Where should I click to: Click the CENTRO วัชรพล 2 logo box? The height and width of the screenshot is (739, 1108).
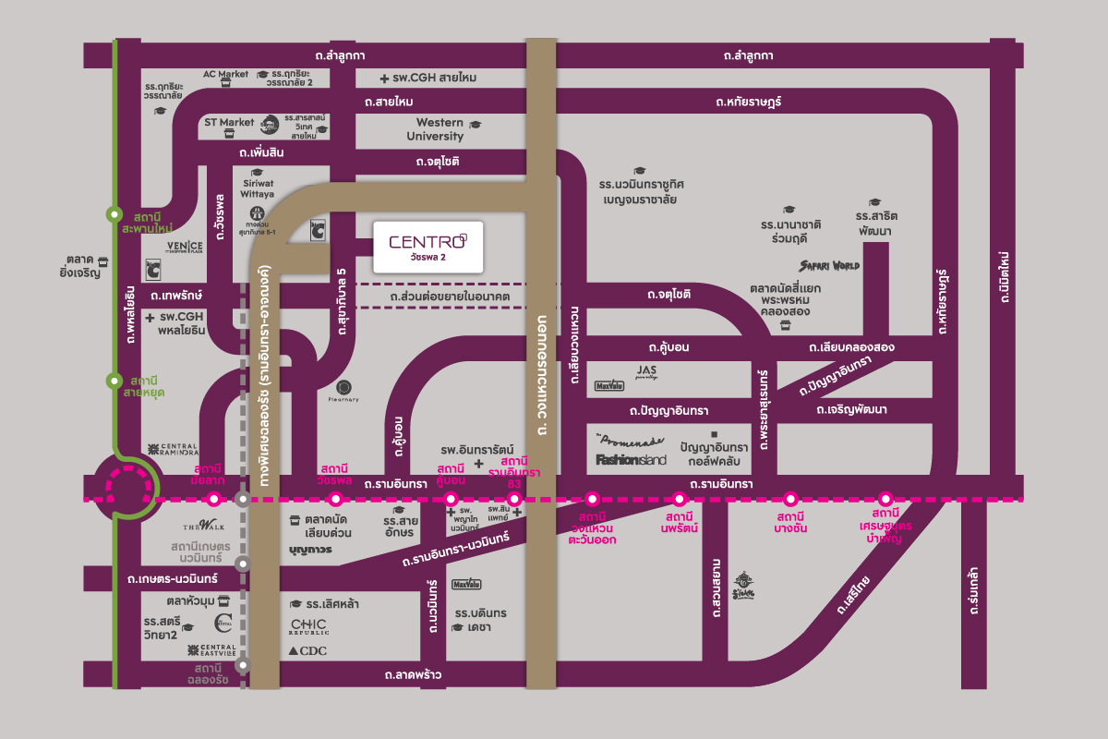pos(427,247)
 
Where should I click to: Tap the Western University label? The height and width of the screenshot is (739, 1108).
pos(440,129)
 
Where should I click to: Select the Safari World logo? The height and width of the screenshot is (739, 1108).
pos(829,266)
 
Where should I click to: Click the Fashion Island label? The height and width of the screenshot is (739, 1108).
pos(632,459)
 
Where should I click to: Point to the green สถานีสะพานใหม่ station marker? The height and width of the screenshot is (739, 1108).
pos(114,213)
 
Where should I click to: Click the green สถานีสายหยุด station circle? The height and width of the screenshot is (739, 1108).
pos(114,380)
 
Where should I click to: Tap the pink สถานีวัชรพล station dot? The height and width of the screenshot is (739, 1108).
pos(336,499)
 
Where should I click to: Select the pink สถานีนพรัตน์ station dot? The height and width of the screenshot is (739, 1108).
pos(680,499)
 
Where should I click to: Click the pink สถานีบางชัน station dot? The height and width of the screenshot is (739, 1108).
pos(790,499)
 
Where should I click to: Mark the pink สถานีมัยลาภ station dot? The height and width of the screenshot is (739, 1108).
pos(214,499)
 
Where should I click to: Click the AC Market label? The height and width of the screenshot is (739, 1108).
pos(226,74)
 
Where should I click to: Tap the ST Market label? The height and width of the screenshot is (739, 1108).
pos(229,122)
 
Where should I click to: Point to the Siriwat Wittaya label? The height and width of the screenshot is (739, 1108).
pos(259,189)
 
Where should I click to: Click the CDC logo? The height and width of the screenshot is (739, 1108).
pos(308,651)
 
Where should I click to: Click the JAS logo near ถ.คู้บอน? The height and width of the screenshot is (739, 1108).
pos(646,371)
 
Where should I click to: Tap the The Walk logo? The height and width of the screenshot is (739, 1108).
pos(211,526)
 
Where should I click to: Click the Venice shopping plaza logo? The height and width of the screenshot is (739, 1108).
pos(185,247)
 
